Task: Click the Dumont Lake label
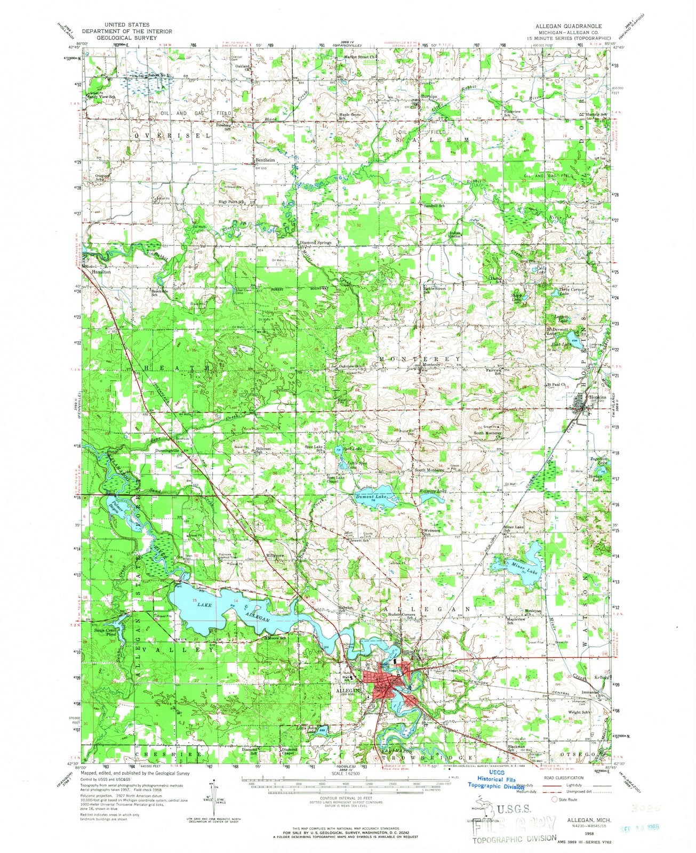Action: click(x=369, y=497)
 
